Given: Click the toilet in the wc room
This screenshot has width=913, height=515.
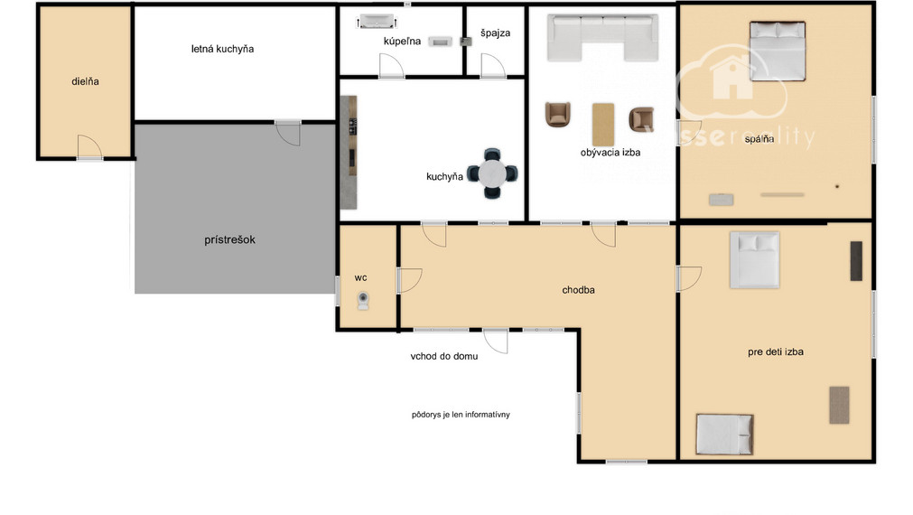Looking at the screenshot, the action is pos(363,301).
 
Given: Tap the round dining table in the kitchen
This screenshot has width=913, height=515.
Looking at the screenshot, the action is pos(492,173).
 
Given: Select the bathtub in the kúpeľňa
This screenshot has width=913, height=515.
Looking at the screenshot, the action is pos(377,22).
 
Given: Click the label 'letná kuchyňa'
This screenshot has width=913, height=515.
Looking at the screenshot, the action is pos(222,49).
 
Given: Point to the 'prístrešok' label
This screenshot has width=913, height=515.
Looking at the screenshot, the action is pos(229,239).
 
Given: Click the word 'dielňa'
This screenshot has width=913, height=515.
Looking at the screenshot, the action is pos(85,81).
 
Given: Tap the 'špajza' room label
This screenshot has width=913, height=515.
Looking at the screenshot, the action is pos(496,33).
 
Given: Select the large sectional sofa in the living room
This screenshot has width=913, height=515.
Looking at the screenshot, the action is pos(602,37).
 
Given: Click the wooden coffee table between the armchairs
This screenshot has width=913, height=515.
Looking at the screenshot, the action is pos(603,125).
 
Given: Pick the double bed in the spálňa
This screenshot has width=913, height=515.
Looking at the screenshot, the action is pos(778,51).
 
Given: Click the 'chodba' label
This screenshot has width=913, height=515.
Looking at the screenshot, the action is pos(578,290).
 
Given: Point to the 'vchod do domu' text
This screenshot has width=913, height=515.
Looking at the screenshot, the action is pos(444,356).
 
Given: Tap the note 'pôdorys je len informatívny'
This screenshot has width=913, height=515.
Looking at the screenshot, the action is pos(461,415).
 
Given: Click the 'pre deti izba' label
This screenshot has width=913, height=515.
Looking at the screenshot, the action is pos(776,351).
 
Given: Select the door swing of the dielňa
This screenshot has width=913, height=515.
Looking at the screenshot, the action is pos(89,146).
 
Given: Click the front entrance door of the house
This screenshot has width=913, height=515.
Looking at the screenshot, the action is pos(496,341).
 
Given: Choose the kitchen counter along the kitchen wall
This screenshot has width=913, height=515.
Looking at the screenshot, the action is pos(349,152).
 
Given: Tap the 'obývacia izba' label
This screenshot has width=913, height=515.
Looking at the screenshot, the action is pos(610,153).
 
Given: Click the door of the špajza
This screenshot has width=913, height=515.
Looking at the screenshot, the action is pos(492,65).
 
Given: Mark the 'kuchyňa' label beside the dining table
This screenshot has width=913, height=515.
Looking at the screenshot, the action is pos(444,176).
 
